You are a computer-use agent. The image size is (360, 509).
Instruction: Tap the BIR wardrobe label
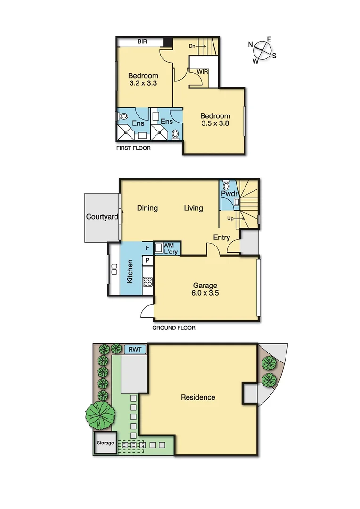(142, 42)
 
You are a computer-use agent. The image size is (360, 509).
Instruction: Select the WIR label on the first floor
(203, 72)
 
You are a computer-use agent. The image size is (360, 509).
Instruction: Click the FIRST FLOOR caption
(133, 148)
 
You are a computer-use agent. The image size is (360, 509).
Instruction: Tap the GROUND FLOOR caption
(173, 328)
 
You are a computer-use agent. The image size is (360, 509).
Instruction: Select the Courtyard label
(101, 217)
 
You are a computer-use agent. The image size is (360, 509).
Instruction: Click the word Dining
(147, 208)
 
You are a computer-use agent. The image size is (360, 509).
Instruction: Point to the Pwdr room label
(229, 194)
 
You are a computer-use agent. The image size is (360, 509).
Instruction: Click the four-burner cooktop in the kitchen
(147, 282)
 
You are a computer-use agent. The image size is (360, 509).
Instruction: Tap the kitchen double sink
(114, 269)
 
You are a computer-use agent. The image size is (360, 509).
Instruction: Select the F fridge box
(147, 247)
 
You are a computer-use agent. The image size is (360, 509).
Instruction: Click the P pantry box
(147, 260)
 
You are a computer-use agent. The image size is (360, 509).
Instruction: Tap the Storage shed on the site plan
(105, 443)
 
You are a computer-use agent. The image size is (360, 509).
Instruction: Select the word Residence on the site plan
(198, 397)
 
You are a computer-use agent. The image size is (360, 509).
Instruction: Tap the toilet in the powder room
(226, 185)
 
